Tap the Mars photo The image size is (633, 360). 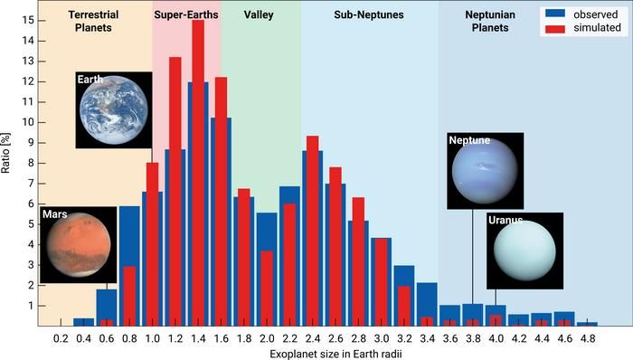coord(77,244)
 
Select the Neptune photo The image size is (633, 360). coord(485,171)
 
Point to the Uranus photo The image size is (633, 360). coord(524,251)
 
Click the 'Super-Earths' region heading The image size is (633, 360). coord(186,15)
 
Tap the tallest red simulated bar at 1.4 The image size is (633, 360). coord(198,172)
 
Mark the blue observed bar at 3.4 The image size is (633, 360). coord(426,304)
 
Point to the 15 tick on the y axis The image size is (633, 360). coord(31,20)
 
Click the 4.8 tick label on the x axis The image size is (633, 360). coord(586,336)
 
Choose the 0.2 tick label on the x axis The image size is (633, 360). coord(61,336)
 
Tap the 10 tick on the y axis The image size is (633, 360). coord(31,122)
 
